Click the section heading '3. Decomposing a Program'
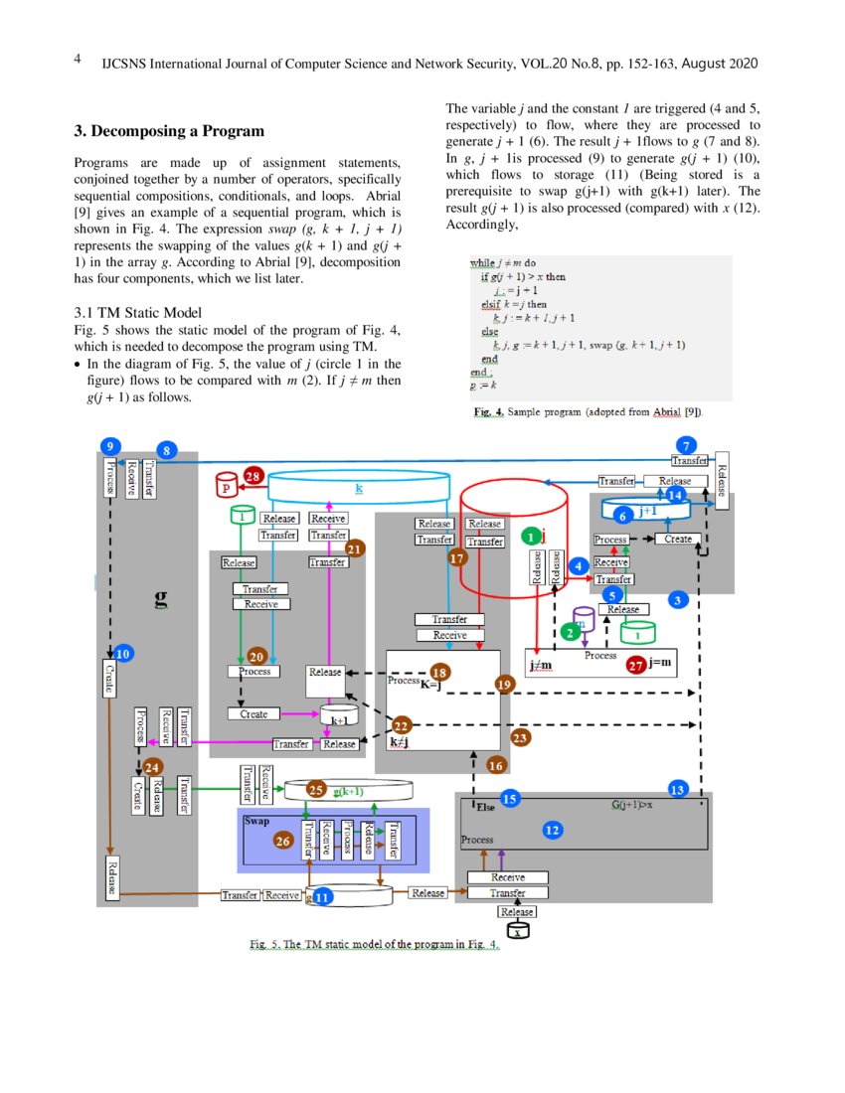[x=169, y=131]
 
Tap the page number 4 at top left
[x=78, y=59]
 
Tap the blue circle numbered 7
[x=684, y=444]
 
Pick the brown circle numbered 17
[x=457, y=558]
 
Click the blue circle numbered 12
[x=553, y=829]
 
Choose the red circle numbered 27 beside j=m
[x=636, y=667]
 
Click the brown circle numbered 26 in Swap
[x=283, y=841]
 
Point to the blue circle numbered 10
[x=124, y=654]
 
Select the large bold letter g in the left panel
[x=160, y=599]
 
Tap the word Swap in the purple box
[x=256, y=822]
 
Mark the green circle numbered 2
[x=570, y=632]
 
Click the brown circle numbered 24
[x=152, y=766]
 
